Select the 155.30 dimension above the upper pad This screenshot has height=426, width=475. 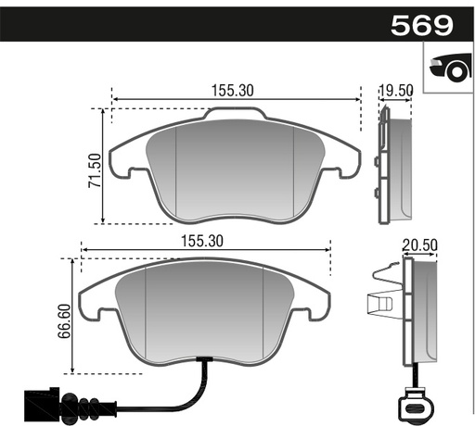232,90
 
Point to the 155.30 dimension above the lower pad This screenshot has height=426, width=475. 202,240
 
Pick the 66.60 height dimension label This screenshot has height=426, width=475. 64,320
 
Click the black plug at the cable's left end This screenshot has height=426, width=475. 41,403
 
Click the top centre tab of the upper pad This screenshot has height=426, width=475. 235,116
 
